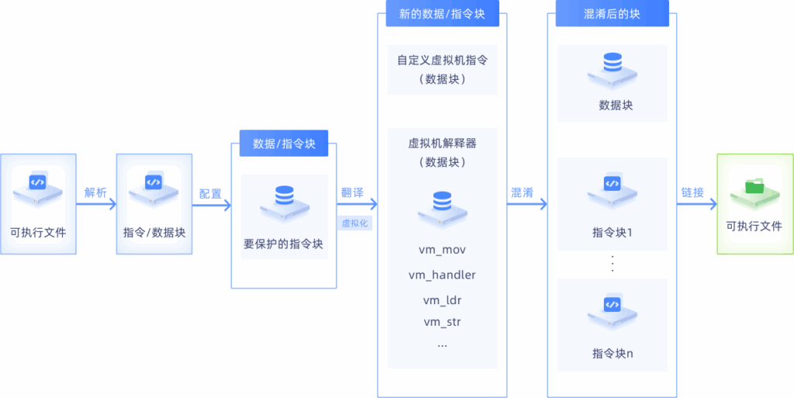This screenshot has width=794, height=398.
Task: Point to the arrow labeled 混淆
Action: tap(527, 205)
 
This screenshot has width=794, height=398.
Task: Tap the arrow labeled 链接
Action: tap(696, 205)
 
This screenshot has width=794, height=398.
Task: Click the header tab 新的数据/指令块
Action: tap(441, 14)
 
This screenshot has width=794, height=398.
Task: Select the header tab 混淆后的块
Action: tap(613, 14)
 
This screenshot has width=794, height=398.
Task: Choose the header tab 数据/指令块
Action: tap(284, 144)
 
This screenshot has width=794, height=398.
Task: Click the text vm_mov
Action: tap(441, 250)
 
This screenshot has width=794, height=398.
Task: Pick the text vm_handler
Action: tap(441, 275)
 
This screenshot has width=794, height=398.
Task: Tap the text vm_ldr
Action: tap(442, 299)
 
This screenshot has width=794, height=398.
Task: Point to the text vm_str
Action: tap(442, 321)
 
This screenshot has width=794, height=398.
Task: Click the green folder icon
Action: tap(753, 186)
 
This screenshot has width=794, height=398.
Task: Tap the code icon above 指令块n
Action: tap(612, 306)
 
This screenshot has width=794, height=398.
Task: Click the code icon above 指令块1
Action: tap(612, 184)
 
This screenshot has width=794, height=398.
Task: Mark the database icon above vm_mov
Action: tap(441, 201)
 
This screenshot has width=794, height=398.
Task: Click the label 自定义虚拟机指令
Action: tap(442, 60)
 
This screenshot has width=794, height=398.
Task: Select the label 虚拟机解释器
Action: tap(442, 144)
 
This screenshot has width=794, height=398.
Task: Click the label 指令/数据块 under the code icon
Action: tap(154, 232)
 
